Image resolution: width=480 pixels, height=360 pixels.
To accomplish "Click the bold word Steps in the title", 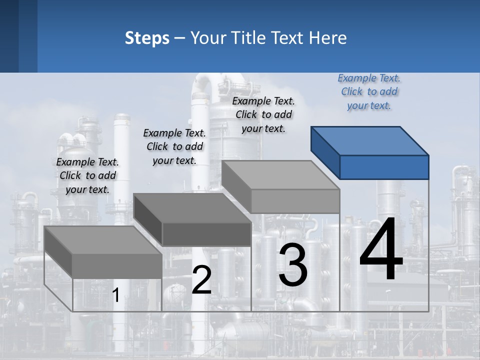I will click(x=147, y=38).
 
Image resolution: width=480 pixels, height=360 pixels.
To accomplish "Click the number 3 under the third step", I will click(x=292, y=265).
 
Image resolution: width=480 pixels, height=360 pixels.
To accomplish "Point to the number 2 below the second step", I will click(x=201, y=280).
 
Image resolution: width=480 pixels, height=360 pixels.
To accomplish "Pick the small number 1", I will click(x=115, y=295).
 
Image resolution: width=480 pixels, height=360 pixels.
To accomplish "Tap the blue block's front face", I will click(x=384, y=167).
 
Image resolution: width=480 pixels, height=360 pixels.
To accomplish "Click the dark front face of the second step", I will click(x=206, y=234).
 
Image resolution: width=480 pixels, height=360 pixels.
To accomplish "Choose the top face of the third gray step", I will click(x=280, y=175).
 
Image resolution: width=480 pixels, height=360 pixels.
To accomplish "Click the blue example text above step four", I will click(x=369, y=92).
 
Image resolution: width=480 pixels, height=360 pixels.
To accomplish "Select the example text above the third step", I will click(x=263, y=115).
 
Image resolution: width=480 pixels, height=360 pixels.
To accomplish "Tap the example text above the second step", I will click(x=174, y=146).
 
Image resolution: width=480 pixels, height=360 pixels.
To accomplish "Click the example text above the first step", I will click(x=87, y=175).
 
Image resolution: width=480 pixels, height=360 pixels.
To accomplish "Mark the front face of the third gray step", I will click(x=295, y=201).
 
